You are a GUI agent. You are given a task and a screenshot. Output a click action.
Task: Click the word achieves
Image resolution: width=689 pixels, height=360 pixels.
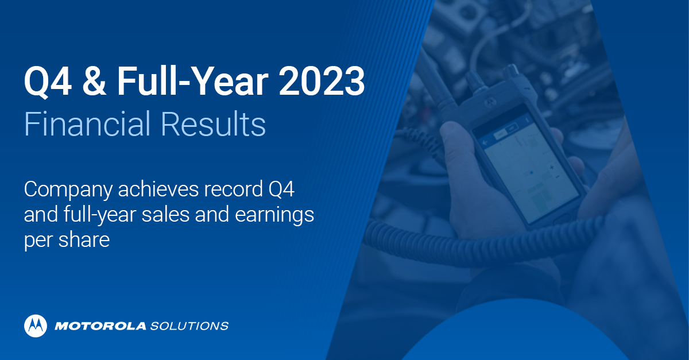point(152,190)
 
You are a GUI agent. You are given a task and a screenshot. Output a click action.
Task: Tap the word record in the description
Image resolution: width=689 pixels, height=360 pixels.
point(228,190)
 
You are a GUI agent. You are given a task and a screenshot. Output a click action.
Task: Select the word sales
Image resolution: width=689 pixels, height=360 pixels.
point(165,215)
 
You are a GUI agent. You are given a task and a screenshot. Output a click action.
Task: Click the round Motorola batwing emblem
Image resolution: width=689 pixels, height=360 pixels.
point(36,326)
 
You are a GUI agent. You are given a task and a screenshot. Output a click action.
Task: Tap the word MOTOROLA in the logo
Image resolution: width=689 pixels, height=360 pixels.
point(100,326)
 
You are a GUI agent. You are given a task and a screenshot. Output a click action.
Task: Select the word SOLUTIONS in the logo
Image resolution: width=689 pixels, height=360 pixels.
point(189,326)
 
